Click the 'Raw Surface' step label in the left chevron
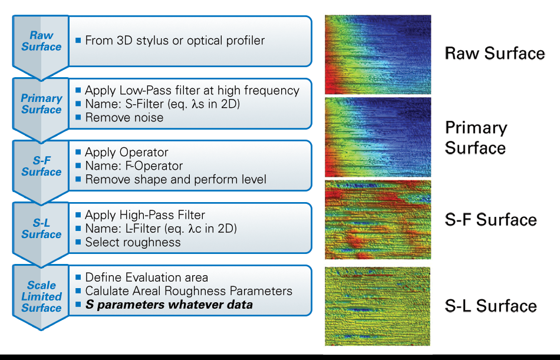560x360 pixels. (41, 41)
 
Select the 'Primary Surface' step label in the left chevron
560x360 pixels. (41, 104)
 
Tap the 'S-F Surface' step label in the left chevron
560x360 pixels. (41, 166)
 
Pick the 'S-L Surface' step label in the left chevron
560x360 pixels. (41, 229)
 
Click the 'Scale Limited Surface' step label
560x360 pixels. (41, 296)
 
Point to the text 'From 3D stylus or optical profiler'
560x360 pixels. (174, 41)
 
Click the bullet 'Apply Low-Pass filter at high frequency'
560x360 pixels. (192, 90)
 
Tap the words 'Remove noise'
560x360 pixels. (124, 117)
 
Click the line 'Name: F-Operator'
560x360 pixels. (134, 166)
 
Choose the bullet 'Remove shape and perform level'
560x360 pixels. (176, 179)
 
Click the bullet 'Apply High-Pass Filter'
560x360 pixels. (145, 215)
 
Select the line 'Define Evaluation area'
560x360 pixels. (146, 277)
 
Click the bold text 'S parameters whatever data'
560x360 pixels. (169, 305)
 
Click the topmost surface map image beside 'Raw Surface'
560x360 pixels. (378, 54)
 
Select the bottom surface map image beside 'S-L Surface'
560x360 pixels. (378, 306)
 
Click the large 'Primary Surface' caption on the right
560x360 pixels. (476, 137)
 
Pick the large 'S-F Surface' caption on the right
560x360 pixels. (491, 220)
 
